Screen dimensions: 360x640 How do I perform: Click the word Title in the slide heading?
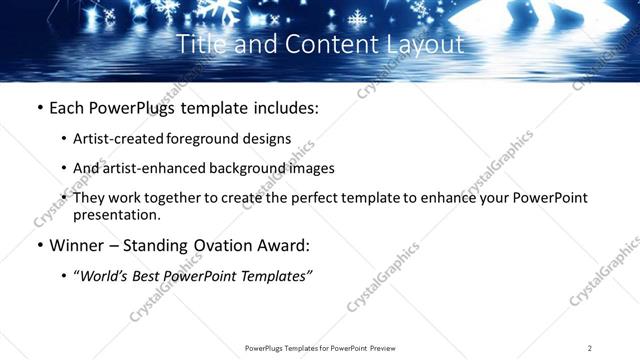[x=198, y=45]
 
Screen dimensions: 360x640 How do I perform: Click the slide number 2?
[x=589, y=347]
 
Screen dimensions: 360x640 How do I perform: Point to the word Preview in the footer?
[x=381, y=347]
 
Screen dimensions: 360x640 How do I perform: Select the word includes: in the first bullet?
[x=281, y=106]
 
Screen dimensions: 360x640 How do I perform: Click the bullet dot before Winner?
[x=38, y=245]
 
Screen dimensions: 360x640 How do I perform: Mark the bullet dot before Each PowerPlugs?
[x=38, y=106]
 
